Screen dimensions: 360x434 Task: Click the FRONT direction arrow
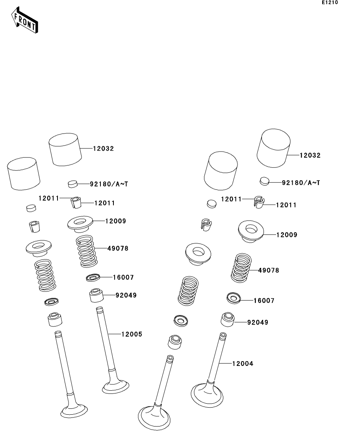click(x=24, y=20)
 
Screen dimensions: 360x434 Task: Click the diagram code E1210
click(x=330, y=2)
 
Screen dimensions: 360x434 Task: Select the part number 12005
click(x=132, y=334)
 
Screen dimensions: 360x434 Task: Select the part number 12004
click(x=243, y=364)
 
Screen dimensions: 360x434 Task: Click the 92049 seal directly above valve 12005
click(x=96, y=295)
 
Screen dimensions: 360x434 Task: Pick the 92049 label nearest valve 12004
click(x=258, y=323)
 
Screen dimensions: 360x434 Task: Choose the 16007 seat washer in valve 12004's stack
click(x=234, y=298)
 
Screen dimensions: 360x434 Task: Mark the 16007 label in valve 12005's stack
click(x=123, y=277)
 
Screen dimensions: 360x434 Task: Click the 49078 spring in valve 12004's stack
click(x=241, y=268)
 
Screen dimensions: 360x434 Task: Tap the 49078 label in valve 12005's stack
click(x=118, y=249)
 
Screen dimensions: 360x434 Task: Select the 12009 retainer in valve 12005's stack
click(x=80, y=223)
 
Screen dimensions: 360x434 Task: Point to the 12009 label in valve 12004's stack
click(x=287, y=235)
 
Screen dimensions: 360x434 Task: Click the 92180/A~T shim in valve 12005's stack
click(x=72, y=184)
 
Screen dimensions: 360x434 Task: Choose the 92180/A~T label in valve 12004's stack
click(x=301, y=183)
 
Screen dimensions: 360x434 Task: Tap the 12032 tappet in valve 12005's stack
click(x=65, y=150)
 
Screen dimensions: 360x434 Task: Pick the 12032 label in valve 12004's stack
click(x=310, y=155)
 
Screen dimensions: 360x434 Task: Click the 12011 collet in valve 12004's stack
click(x=259, y=202)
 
